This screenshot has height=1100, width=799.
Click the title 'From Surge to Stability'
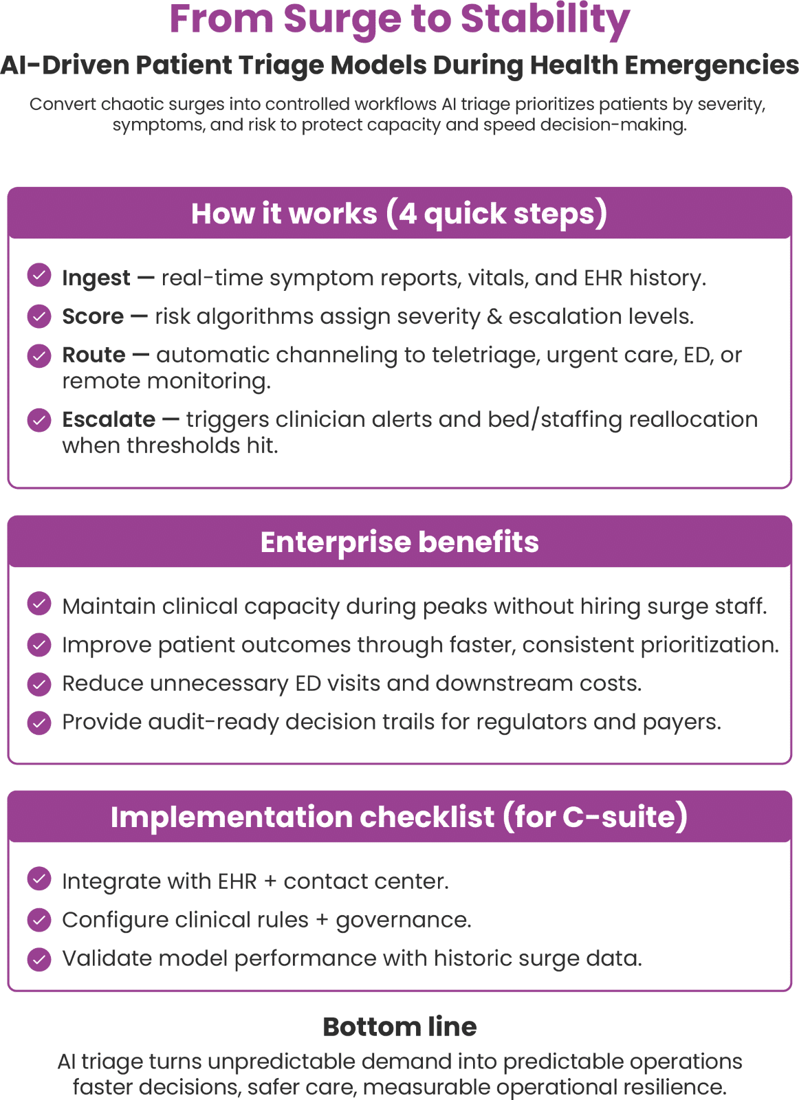click(x=399, y=19)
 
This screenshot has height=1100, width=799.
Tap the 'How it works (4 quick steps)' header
click(x=399, y=214)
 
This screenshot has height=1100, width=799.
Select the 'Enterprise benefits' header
click(x=399, y=542)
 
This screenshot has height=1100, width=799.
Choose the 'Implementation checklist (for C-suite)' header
click(x=399, y=817)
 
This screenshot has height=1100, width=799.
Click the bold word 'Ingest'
click(x=96, y=278)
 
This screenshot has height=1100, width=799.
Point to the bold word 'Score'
click(x=93, y=316)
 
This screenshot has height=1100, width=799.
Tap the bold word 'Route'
click(x=94, y=355)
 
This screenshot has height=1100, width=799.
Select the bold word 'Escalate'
click(x=109, y=419)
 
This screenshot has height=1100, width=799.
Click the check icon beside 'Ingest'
click(x=39, y=275)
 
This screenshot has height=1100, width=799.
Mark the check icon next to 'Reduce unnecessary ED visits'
click(x=39, y=683)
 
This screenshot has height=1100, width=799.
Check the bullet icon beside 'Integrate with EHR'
click(x=39, y=879)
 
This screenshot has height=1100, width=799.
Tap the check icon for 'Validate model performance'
click(x=39, y=959)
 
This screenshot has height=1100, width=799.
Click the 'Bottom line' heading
click(x=399, y=1027)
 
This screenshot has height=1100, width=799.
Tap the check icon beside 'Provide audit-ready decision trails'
click(x=39, y=723)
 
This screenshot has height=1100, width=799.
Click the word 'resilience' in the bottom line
click(x=677, y=1088)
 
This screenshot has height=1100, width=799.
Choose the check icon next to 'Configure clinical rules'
click(x=39, y=919)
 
